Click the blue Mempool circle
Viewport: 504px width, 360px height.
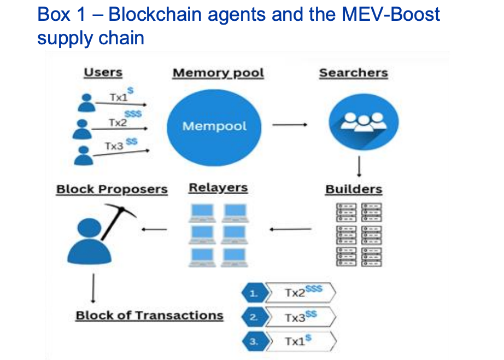[214, 126]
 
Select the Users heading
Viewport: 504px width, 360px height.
[103, 73]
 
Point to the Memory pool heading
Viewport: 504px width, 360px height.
[218, 73]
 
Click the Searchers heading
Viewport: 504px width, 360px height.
[353, 73]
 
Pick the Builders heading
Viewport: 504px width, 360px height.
[354, 189]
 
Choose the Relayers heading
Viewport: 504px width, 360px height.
[218, 188]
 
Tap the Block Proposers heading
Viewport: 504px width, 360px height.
[112, 189]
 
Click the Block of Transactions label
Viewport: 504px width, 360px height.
[149, 316]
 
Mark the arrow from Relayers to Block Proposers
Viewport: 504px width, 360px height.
[154, 229]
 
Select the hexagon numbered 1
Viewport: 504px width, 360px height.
[253, 294]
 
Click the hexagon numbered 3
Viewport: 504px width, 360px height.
[253, 341]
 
